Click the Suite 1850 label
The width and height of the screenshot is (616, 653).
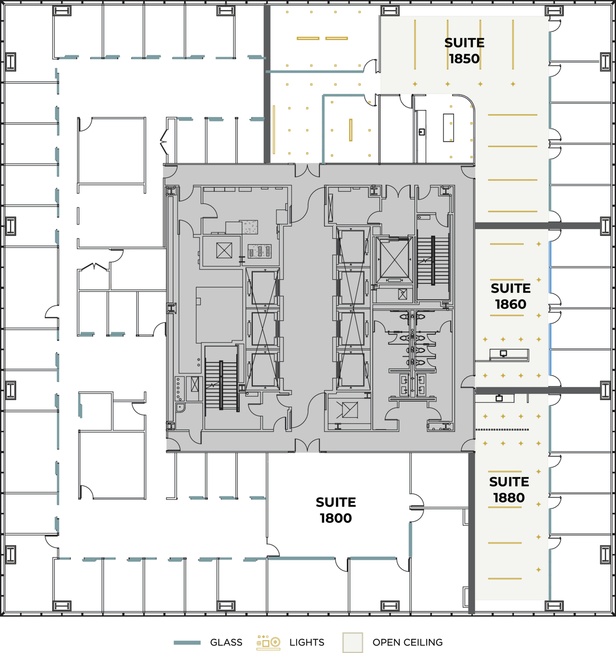(x=464, y=51)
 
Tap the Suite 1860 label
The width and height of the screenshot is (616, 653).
(x=510, y=296)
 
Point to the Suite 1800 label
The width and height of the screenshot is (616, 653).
(x=336, y=510)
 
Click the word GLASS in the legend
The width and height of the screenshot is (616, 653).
(x=226, y=642)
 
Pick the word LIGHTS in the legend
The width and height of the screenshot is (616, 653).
(x=307, y=642)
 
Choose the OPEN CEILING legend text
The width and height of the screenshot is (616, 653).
(x=407, y=642)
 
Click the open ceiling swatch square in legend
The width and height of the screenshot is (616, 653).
(x=352, y=642)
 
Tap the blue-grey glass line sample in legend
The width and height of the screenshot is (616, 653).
(x=187, y=643)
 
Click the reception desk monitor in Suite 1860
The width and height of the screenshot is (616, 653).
(x=503, y=353)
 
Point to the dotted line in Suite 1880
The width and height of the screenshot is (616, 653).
(x=502, y=429)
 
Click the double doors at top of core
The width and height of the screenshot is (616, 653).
(x=308, y=170)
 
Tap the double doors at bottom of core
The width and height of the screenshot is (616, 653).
(x=308, y=445)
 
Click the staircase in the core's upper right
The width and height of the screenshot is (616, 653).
(x=433, y=260)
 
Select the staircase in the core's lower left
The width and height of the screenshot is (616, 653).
(x=221, y=385)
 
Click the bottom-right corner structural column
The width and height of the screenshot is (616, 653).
(x=554, y=605)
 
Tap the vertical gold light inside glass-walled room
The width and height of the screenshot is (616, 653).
(x=350, y=130)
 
